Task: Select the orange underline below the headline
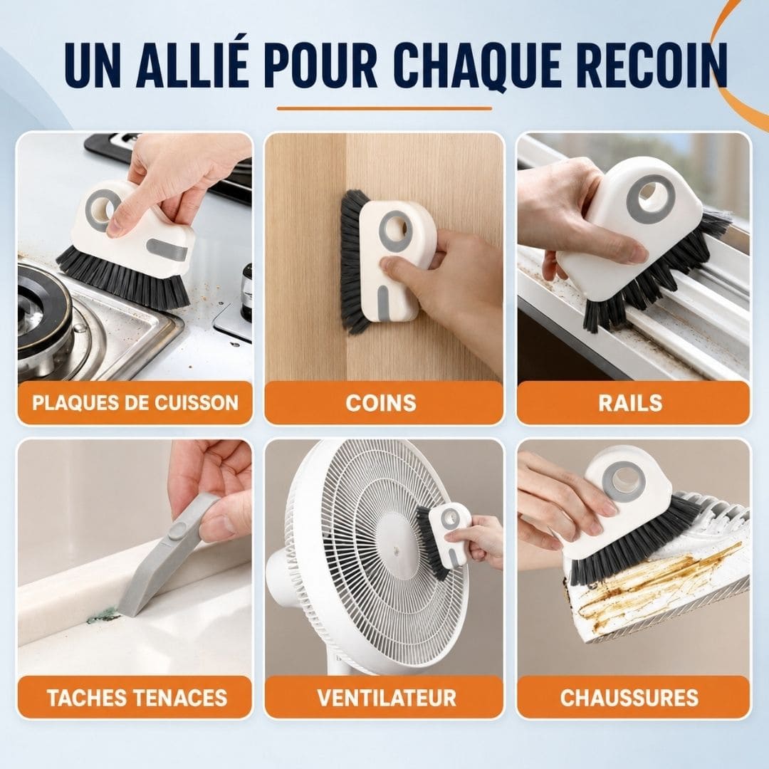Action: click(x=384, y=108)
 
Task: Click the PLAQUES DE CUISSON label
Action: click(x=135, y=402)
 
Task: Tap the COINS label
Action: click(x=381, y=403)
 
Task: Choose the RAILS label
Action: click(x=630, y=403)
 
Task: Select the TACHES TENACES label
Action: click(x=137, y=697)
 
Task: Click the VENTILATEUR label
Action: click(x=387, y=697)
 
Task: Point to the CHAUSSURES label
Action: click(x=629, y=697)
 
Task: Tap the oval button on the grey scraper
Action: click(x=177, y=530)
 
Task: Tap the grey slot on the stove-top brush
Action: click(x=167, y=249)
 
